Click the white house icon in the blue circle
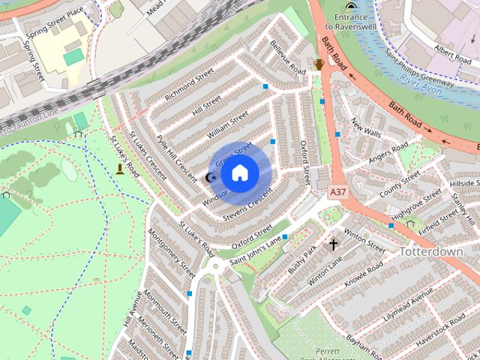tap(240, 172)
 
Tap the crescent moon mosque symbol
tap(211, 177)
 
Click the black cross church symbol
tap(334, 244)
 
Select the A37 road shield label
tap(338, 193)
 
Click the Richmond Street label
tap(189, 84)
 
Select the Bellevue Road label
tap(288, 57)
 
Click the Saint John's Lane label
tap(256, 249)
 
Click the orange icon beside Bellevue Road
tap(319, 64)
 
